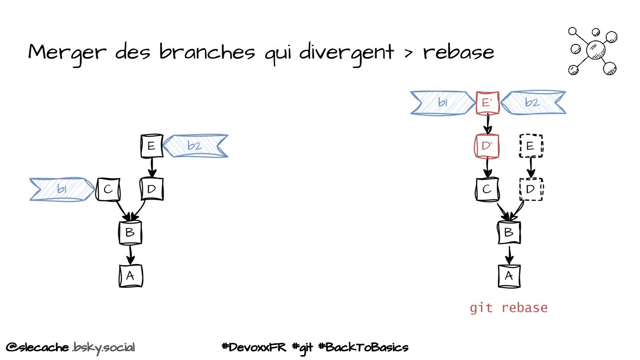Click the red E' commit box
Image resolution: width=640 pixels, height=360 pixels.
click(x=488, y=103)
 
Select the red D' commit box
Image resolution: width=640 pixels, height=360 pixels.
click(x=487, y=146)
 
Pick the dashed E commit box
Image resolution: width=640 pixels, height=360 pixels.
click(x=531, y=146)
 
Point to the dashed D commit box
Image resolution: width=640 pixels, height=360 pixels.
click(x=531, y=189)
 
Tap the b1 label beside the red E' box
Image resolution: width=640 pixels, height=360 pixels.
click(x=443, y=103)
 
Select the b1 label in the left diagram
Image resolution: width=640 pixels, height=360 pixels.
click(x=62, y=190)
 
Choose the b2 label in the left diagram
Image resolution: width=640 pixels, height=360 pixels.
click(x=195, y=146)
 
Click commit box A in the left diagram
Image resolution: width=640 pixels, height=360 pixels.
click(x=130, y=276)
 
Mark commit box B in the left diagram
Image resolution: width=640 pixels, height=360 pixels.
click(x=130, y=232)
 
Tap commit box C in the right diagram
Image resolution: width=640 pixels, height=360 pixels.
click(x=487, y=189)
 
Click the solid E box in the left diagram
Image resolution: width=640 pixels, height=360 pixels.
click(x=152, y=146)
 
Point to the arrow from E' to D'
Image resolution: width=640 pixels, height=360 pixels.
click(x=488, y=124)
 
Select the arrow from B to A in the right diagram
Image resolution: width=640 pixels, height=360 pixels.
click(x=509, y=255)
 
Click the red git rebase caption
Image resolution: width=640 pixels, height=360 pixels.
click(x=508, y=308)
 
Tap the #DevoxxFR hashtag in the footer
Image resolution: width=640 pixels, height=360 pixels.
click(x=254, y=347)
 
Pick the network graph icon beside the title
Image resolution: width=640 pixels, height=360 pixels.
click(x=593, y=51)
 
